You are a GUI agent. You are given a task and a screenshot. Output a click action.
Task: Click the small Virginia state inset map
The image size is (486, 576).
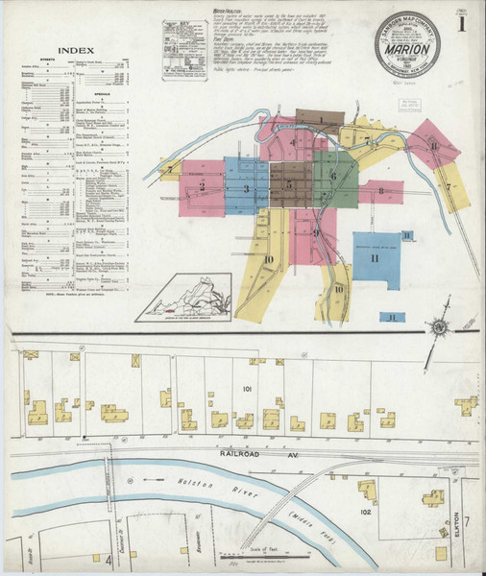187,298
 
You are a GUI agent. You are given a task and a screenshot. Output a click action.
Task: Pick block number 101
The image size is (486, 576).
247,389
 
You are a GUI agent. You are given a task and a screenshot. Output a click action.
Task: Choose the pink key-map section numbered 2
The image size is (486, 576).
202,186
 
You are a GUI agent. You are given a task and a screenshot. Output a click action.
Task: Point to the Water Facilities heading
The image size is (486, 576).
226,10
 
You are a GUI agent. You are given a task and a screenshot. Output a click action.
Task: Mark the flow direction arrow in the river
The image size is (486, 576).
151,477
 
